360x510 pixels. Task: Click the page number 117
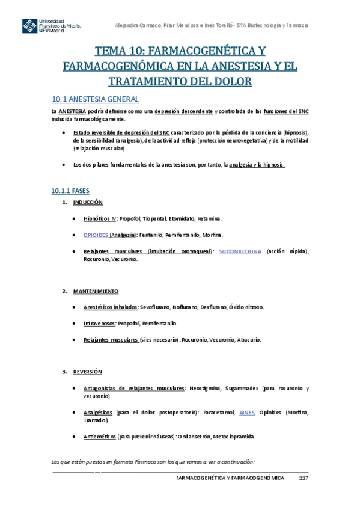304,478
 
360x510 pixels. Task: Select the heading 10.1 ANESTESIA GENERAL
95,99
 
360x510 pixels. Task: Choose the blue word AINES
247,413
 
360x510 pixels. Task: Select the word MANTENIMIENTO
96,291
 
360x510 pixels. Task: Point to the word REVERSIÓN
87,372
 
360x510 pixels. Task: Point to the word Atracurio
248,340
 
